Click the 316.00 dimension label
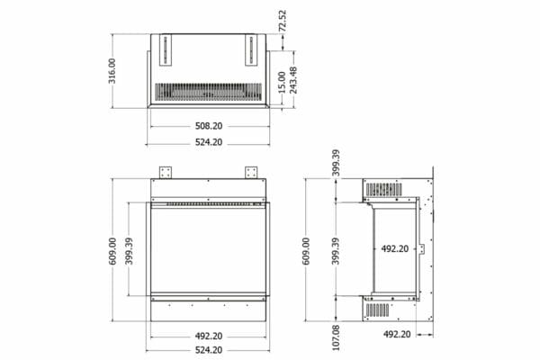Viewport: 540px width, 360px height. pyautogui.click(x=112, y=71)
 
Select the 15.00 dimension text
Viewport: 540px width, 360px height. pyautogui.click(x=282, y=83)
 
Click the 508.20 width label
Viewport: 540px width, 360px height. pyautogui.click(x=209, y=126)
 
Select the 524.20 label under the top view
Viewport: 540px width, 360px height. pyautogui.click(x=209, y=142)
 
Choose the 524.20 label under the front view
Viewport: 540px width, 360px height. pyautogui.click(x=209, y=348)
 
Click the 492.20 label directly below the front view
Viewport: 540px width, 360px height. pyautogui.click(x=209, y=336)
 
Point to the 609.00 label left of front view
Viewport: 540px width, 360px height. pyautogui.click(x=112, y=251)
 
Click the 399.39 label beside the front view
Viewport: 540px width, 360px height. pyautogui.click(x=130, y=251)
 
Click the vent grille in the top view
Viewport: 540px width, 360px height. pyautogui.click(x=209, y=91)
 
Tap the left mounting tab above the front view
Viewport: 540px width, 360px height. pyautogui.click(x=166, y=171)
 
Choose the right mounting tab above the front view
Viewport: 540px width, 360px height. pyautogui.click(x=251, y=171)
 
